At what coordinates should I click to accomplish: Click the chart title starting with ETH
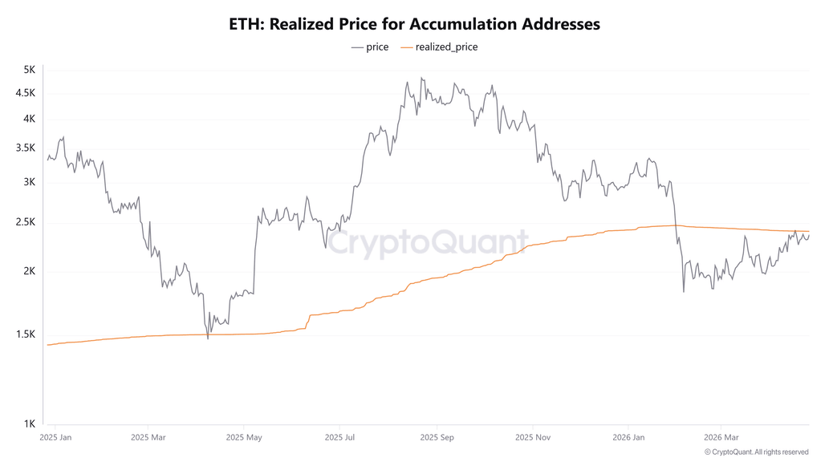(414, 24)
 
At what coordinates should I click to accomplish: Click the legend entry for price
(370, 47)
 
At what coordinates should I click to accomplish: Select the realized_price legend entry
(439, 47)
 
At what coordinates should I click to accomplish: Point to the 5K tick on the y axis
(29, 70)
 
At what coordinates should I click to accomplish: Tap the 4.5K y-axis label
(26, 93)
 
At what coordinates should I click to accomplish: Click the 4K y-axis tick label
(29, 119)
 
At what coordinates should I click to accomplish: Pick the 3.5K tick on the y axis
(26, 148)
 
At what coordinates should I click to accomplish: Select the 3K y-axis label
(29, 182)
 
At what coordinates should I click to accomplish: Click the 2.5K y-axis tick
(26, 222)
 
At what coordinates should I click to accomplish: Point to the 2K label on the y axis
(29, 271)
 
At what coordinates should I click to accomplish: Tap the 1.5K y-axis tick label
(26, 334)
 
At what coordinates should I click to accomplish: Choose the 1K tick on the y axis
(29, 423)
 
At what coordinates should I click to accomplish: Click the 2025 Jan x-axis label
(55, 438)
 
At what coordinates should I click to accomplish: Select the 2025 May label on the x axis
(244, 438)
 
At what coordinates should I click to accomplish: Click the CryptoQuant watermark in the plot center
(427, 241)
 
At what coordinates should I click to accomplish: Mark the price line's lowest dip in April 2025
(208, 338)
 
